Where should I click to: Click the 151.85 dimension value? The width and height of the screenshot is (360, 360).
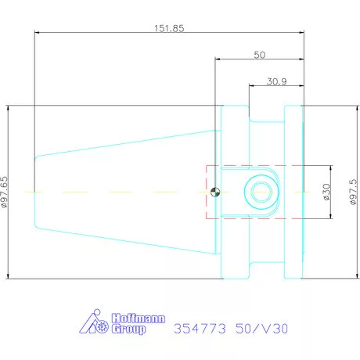coord(169,28)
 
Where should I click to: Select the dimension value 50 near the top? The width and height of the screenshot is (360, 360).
coord(260,55)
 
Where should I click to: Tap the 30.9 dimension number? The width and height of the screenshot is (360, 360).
coord(276,81)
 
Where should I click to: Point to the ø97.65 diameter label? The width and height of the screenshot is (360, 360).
coord(5,192)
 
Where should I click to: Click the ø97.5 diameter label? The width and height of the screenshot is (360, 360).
coord(353,192)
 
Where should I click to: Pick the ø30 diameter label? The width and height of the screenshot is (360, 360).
coord(326,192)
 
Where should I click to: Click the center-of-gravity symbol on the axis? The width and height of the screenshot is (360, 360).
coord(215,193)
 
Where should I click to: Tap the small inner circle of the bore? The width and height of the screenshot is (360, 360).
coord(261,193)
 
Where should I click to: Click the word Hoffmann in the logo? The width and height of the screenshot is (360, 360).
coord(139,319)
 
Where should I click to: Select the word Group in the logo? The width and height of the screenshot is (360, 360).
coord(128,329)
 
